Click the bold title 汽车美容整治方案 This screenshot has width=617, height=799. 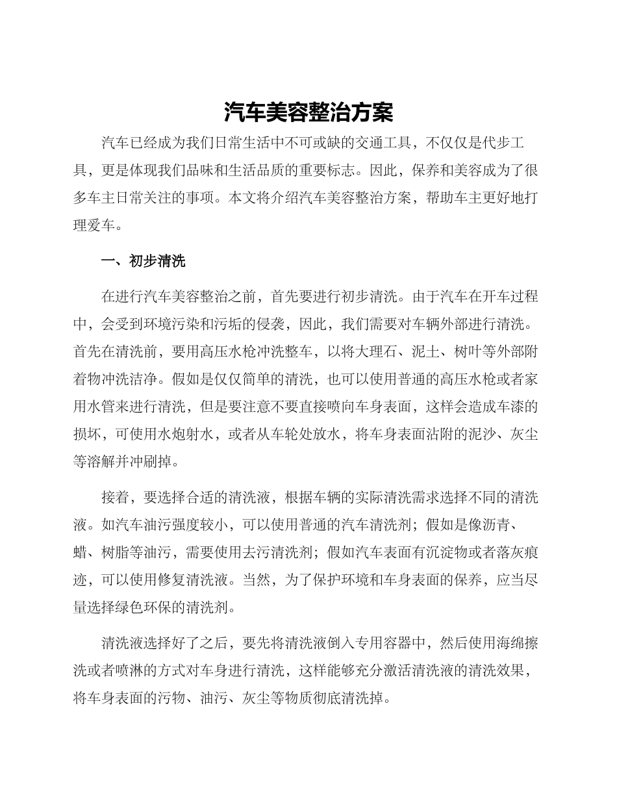pos(308,112)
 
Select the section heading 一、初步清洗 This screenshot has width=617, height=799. pos(143,261)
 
